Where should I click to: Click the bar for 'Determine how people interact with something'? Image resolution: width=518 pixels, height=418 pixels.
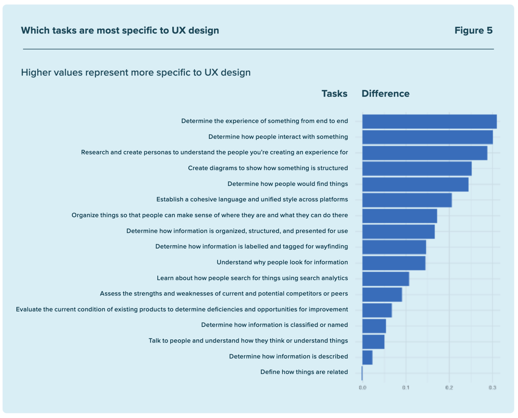427,137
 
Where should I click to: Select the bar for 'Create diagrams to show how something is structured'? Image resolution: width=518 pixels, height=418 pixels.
417,169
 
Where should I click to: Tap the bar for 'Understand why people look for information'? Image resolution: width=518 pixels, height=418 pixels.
393,263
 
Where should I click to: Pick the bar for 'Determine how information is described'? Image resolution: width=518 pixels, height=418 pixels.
367,357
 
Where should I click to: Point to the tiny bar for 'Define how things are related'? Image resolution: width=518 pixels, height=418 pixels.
362,373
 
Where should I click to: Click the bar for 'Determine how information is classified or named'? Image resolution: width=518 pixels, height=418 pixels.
374,326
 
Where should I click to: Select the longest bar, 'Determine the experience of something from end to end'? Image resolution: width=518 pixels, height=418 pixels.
429,121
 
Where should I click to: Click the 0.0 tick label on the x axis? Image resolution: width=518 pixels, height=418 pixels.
363,387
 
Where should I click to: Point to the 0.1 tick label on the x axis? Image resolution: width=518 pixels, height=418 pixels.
406,387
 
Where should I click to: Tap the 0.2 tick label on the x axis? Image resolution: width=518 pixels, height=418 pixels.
449,387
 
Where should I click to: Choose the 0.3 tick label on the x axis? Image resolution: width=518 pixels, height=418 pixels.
492,387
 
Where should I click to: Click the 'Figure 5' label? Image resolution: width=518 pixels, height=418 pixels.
473,30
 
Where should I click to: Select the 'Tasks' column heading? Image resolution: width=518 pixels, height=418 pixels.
334,93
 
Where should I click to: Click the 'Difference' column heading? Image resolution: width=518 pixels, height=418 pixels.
385,93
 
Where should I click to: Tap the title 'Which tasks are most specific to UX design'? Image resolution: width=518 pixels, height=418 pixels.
120,30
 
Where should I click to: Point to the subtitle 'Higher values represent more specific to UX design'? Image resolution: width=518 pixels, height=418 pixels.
136,72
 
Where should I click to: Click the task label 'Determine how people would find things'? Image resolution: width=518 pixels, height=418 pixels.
288,184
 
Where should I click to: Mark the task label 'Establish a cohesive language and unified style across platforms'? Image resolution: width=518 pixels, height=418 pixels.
252,199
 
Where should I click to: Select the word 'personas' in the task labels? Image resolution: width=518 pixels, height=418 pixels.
157,153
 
